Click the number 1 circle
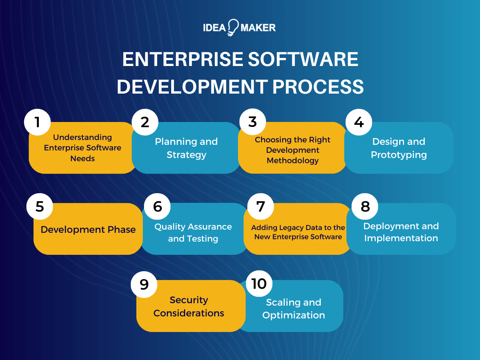click(x=38, y=122)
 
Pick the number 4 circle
click(x=359, y=122)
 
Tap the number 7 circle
click(x=260, y=206)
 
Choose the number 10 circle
click(x=259, y=284)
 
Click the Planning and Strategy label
click(x=186, y=148)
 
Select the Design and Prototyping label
click(x=399, y=148)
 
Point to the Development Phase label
click(x=88, y=230)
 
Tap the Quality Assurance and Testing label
click(x=193, y=232)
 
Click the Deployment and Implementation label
click(x=401, y=232)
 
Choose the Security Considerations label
click(x=189, y=306)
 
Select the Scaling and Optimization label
click(x=294, y=308)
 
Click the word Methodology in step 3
click(x=293, y=161)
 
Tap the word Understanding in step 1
click(x=82, y=137)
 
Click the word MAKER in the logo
click(x=258, y=28)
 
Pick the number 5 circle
click(x=40, y=206)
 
